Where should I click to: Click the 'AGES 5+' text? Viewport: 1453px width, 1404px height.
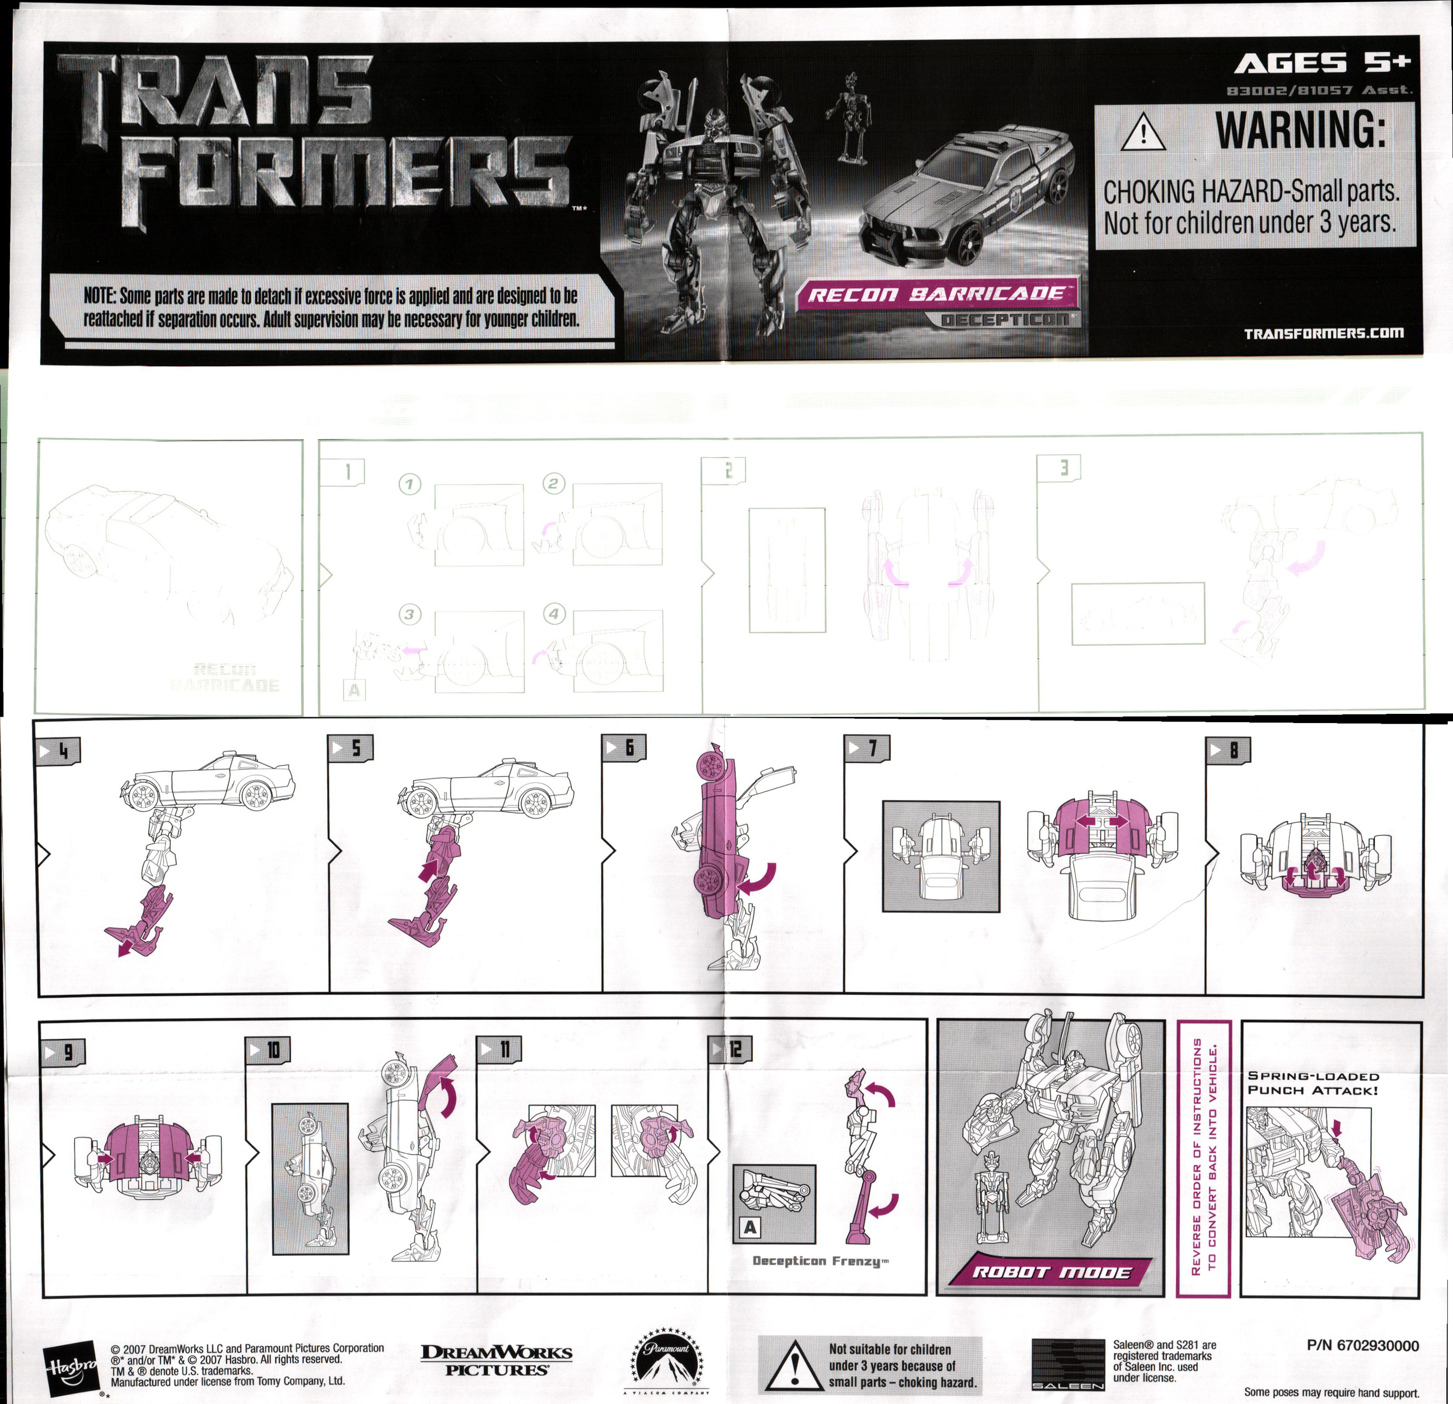coord(1322,64)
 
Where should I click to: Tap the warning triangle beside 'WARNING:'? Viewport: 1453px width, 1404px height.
coord(1144,132)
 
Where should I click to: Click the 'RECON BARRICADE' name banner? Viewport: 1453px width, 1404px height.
coord(936,294)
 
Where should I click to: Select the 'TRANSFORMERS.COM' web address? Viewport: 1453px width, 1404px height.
coord(1323,333)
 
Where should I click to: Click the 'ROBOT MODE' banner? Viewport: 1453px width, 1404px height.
coord(1051,1272)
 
